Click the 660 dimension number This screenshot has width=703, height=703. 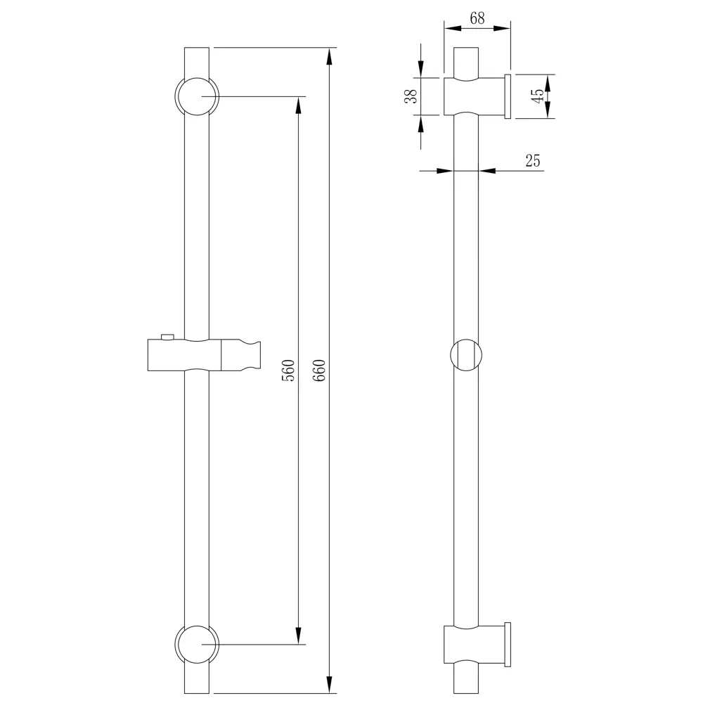[318, 370]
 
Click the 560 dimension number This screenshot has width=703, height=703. [288, 370]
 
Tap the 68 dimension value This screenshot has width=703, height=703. [477, 18]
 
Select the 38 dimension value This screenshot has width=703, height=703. [411, 96]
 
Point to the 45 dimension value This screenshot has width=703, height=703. [538, 96]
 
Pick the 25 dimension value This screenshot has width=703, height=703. [533, 160]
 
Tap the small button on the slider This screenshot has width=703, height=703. [168, 337]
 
